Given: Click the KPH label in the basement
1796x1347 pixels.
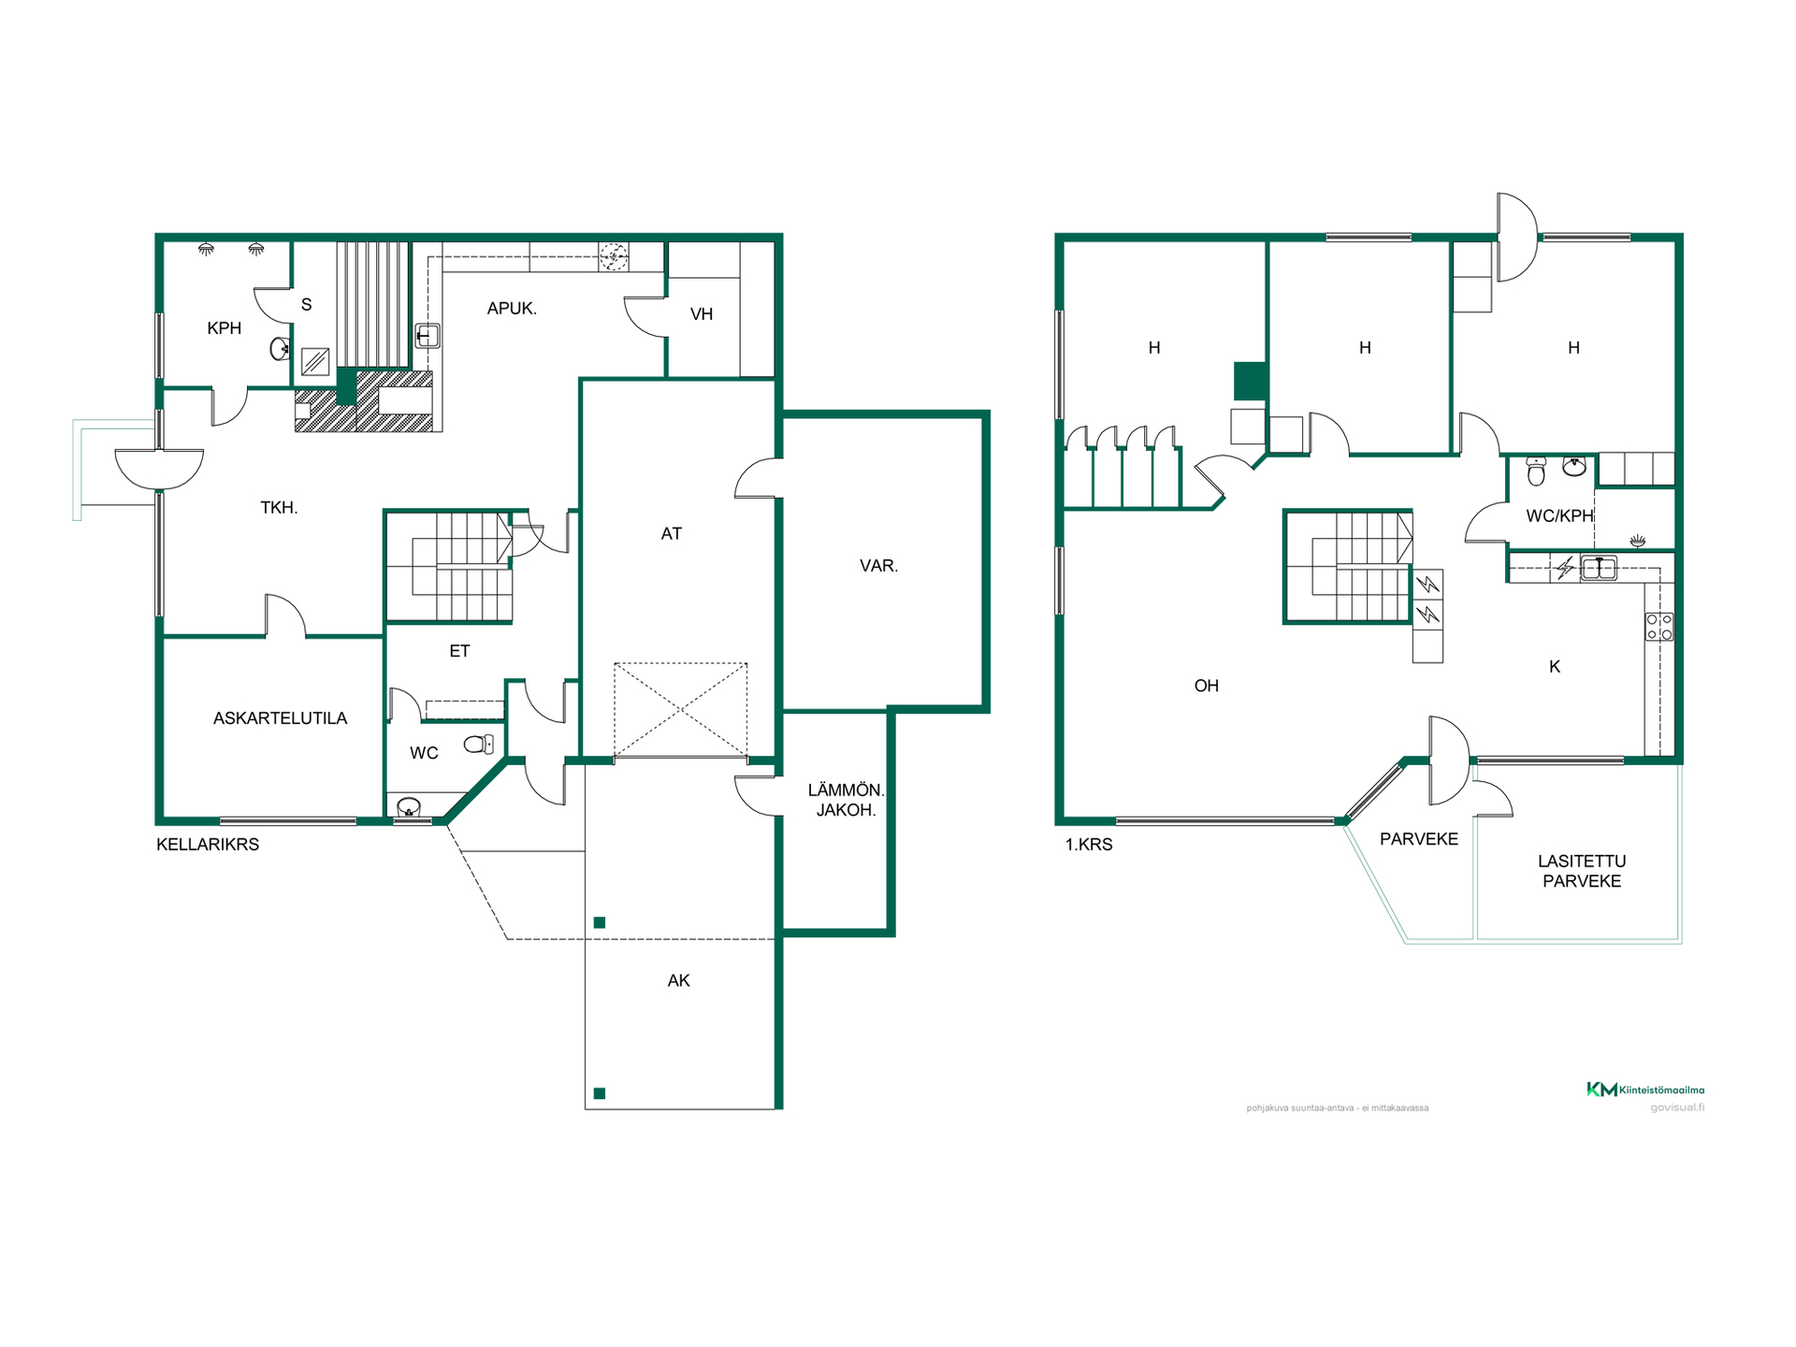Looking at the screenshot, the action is click(224, 328).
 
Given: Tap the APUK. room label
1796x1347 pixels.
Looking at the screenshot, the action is click(512, 309).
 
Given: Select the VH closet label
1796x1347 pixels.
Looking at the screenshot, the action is click(702, 314).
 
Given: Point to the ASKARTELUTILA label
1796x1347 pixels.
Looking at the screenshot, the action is click(280, 718).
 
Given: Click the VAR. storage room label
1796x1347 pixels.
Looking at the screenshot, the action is click(878, 566).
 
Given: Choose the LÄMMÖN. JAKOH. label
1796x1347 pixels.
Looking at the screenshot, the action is click(846, 800).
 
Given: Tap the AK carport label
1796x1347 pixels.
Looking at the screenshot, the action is click(678, 980).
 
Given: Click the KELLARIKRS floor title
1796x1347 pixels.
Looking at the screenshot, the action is click(208, 845).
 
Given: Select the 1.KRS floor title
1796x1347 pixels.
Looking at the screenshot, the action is click(1089, 845).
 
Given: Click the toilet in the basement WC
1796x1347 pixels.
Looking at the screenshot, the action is click(479, 745).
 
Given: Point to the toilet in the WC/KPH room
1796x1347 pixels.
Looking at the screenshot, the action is click(1536, 471).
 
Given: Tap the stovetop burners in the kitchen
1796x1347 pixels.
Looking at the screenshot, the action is click(1659, 627).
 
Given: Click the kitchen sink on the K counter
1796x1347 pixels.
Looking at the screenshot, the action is click(1599, 568).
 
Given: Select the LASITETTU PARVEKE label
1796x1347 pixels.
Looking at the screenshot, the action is click(1582, 871).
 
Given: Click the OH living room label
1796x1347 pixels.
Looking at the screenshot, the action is click(1207, 686).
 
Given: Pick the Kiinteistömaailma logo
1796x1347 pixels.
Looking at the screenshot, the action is click(1645, 1090).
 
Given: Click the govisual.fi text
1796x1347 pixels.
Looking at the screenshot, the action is click(1677, 1108).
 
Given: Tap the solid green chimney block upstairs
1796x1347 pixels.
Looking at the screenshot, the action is click(1251, 381).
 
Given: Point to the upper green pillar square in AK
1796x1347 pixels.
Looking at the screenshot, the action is click(600, 922).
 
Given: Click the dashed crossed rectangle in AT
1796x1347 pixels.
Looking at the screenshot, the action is click(681, 710).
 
